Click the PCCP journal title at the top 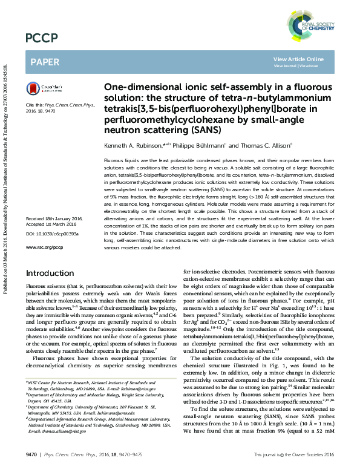pyautogui.click(x=42, y=39)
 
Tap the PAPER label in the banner pyautogui.click(x=45, y=62)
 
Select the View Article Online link pyautogui.click(x=298, y=59)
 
